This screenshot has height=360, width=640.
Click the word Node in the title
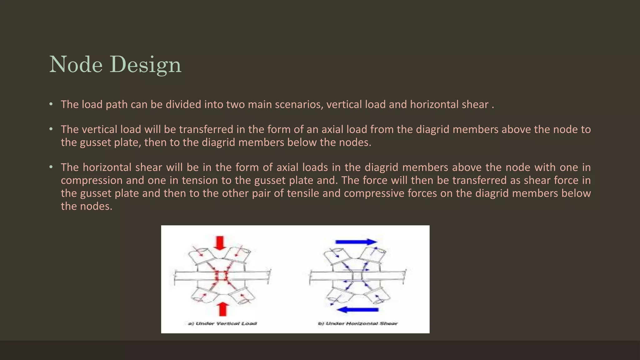[x=76, y=65]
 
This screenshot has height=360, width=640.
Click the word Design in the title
[x=145, y=65]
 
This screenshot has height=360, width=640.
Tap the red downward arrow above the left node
[x=221, y=243]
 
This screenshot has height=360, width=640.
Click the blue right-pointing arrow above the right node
[x=356, y=242]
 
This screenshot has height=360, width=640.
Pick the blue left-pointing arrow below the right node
[x=358, y=310]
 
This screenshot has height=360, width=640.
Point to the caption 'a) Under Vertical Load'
[x=222, y=323]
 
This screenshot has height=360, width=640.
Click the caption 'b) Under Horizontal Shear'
[x=358, y=323]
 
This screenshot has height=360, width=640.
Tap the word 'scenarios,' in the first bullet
[x=299, y=104]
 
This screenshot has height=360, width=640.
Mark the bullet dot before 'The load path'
[x=51, y=104]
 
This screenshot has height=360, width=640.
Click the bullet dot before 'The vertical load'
[x=51, y=129]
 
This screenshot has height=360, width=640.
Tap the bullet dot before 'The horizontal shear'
[x=51, y=167]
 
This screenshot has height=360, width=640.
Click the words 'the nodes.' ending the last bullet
[x=87, y=206]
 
